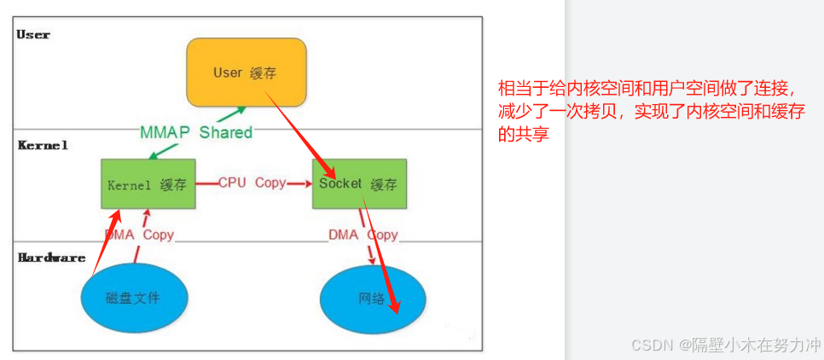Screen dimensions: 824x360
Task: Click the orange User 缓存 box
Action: [246, 73]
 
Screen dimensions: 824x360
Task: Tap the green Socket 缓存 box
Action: [358, 183]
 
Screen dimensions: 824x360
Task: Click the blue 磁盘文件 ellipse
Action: [133, 298]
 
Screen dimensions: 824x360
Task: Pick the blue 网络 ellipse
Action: [372, 299]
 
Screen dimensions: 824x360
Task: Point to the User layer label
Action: [33, 35]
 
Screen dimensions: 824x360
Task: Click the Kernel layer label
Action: [43, 146]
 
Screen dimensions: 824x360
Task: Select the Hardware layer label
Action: [52, 258]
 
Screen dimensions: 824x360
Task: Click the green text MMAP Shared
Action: [196, 132]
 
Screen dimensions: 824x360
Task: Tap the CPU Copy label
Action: [252, 183]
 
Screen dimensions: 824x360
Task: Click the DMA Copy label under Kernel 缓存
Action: [139, 235]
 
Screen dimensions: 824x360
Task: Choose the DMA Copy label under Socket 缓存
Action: [363, 235]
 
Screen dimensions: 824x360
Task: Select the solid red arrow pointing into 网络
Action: [382, 256]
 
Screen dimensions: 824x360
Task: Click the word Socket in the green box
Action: [341, 183]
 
